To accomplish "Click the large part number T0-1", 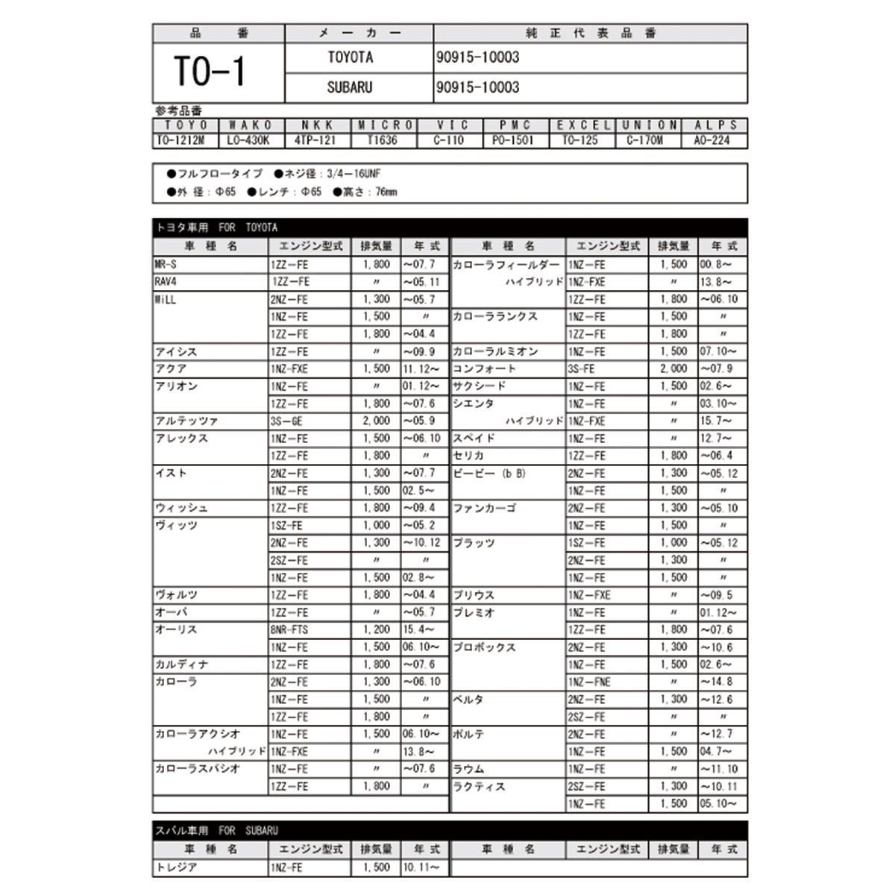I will point(210,72).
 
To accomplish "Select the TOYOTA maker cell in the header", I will point(351,57).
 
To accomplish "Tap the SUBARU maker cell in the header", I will point(349,87).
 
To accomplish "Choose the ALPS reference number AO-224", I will point(714,140).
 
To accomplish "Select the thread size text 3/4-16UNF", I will point(354,174).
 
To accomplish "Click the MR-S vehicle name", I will point(166,265).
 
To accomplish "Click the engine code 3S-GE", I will point(287,421).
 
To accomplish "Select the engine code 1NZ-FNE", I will point(589,682).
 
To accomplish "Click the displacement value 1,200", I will point(376,629).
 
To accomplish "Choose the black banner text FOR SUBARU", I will point(248,830).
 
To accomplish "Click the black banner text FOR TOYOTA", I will point(248,227).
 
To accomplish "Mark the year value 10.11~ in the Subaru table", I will point(422,867).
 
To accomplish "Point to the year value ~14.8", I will point(717,682).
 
